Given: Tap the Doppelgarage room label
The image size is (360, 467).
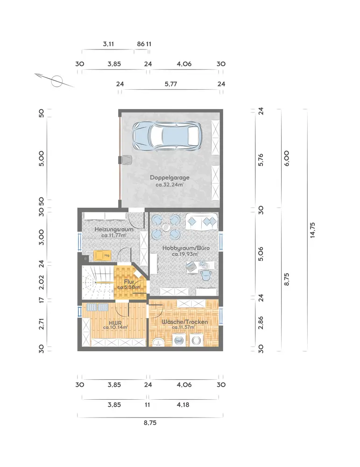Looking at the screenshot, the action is coord(169,177).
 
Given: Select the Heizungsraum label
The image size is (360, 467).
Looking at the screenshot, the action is coord(114,229).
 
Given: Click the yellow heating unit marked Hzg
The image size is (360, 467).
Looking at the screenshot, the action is coord(102,255).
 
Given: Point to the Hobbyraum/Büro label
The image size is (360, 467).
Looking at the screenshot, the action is coord(186,248).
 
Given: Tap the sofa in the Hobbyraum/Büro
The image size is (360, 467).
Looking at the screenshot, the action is coord(202,221).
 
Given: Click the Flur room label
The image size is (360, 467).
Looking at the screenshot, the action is coord(129,282).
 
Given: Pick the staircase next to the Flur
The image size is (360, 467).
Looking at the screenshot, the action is coord(98,283).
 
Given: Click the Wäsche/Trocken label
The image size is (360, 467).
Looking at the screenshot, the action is coord(184,322).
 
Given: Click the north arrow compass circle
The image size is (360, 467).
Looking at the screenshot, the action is coord(56,81).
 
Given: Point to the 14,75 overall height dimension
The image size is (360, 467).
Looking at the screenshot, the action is coord(312,230).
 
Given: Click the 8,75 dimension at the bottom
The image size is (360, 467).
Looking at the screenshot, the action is coord(150,423).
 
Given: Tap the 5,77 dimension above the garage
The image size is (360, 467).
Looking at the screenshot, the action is coord(171,84).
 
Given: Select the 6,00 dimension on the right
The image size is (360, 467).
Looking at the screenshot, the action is coord(286,158).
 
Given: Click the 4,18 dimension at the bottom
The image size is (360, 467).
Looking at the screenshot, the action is coord(183,405).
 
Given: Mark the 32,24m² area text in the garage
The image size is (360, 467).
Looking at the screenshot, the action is coord(169,184).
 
